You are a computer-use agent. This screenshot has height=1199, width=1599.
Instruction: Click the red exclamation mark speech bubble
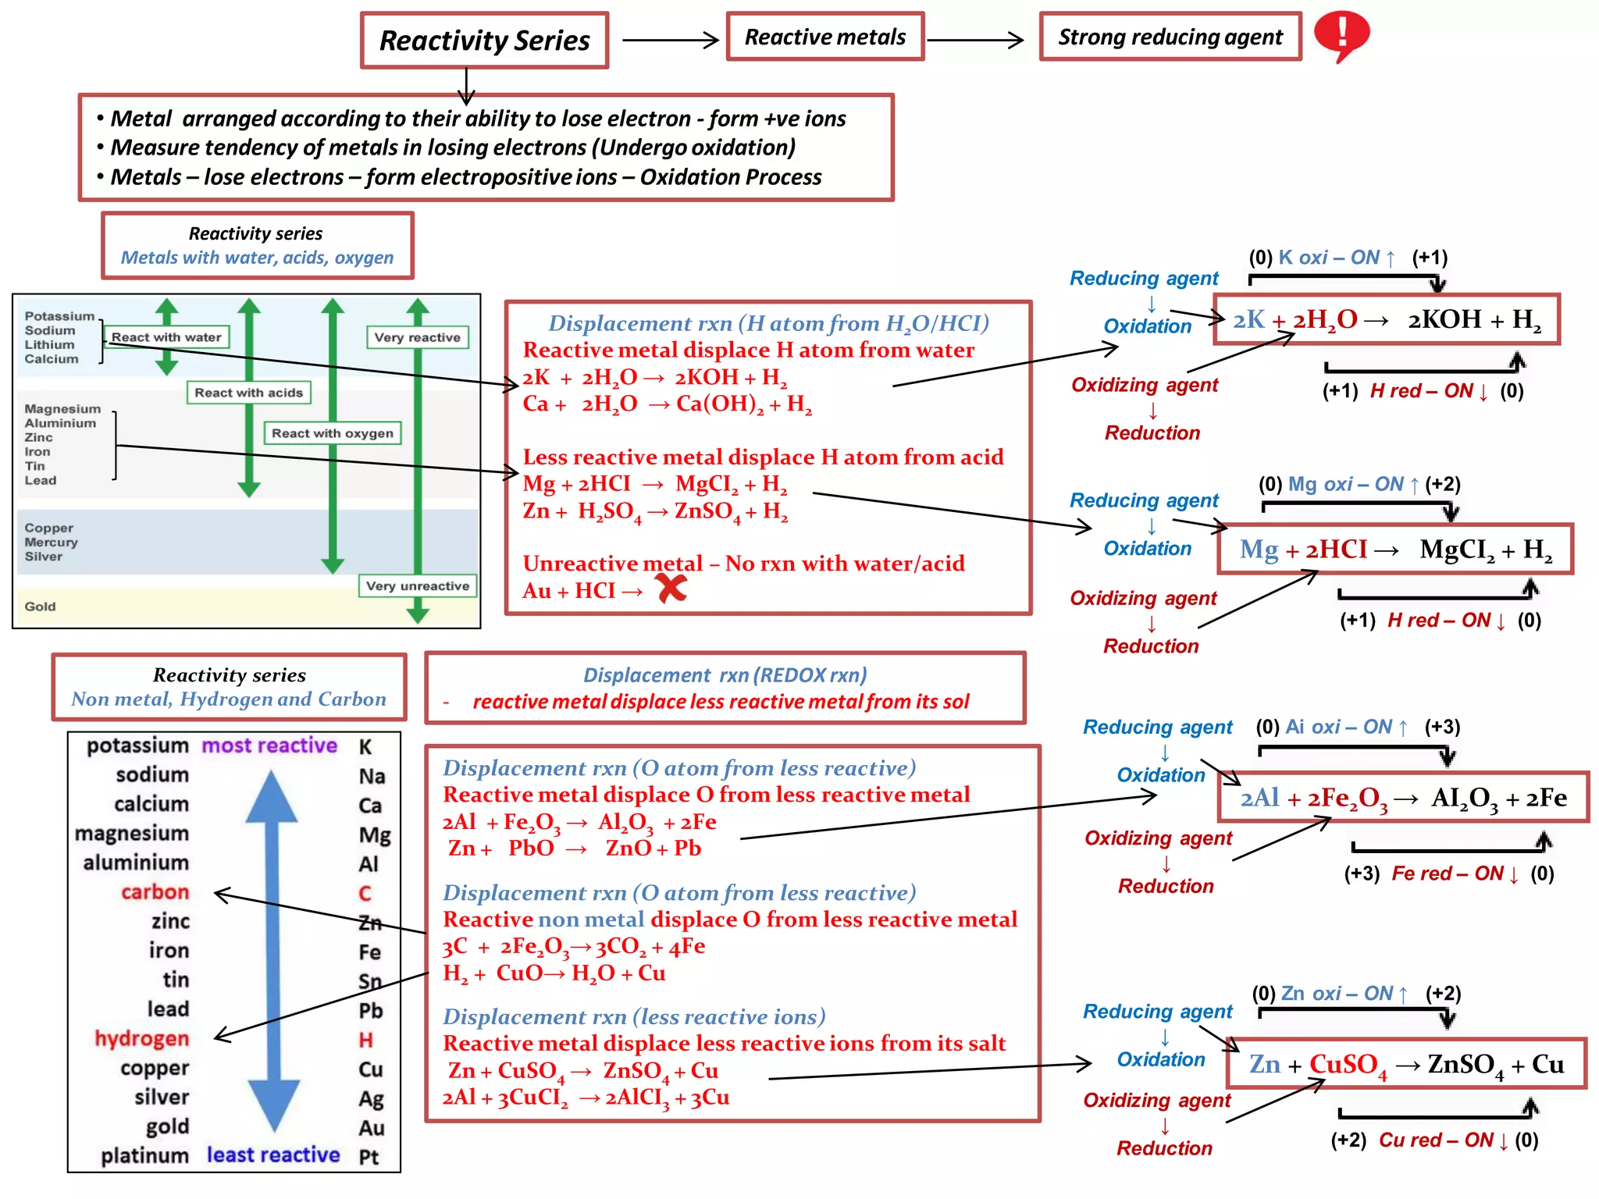pos(1341,34)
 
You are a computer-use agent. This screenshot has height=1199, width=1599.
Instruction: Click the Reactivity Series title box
pos(484,41)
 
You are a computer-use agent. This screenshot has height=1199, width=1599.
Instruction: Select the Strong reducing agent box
pos(1170,37)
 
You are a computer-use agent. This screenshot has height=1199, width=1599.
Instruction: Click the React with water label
pos(166,337)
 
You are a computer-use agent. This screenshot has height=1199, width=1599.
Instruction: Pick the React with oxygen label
pos(333,433)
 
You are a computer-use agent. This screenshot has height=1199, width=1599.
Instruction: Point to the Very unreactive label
pos(418,586)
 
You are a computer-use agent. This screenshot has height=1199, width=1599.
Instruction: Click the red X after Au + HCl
pos(671,589)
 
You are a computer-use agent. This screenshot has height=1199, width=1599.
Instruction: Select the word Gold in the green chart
pos(40,607)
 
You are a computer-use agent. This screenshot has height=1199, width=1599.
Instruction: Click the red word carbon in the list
pos(155,891)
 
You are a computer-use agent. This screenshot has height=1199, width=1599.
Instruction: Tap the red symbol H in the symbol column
pos(366,1040)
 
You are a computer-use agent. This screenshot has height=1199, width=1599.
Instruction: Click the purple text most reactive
pos(269,745)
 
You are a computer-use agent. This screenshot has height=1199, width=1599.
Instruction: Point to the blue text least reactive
pos(273,1155)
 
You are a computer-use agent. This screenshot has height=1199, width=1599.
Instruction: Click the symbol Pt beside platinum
pos(369,1157)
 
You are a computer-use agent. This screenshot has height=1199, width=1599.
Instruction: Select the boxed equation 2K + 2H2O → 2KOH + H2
pos(1387,320)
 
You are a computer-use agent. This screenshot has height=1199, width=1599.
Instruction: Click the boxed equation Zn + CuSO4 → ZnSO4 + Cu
pos(1406,1064)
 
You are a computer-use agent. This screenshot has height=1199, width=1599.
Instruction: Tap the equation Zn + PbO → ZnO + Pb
pos(575,849)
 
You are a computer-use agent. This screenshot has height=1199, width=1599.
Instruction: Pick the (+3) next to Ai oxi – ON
pos(1442,728)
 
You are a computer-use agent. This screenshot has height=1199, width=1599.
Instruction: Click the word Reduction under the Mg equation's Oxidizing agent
pos(1151,646)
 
